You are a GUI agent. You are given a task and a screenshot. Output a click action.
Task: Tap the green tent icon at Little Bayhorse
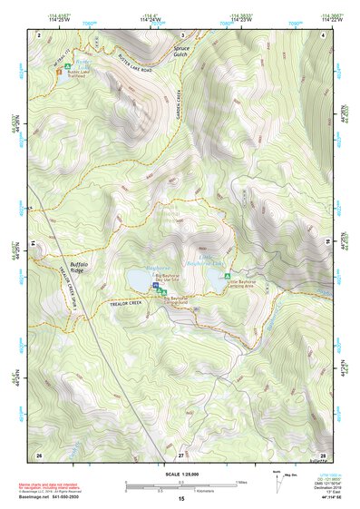coord(227,276)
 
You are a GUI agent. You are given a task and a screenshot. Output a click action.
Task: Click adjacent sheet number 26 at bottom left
coord(38,454)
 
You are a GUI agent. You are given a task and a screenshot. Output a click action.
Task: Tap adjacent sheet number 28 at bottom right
coord(322,454)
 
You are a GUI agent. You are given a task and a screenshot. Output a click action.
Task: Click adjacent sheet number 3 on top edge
coord(180,34)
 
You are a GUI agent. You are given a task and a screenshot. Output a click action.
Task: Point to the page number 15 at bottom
coord(180,499)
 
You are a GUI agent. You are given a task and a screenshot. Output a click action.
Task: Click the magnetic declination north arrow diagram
coord(277,477)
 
